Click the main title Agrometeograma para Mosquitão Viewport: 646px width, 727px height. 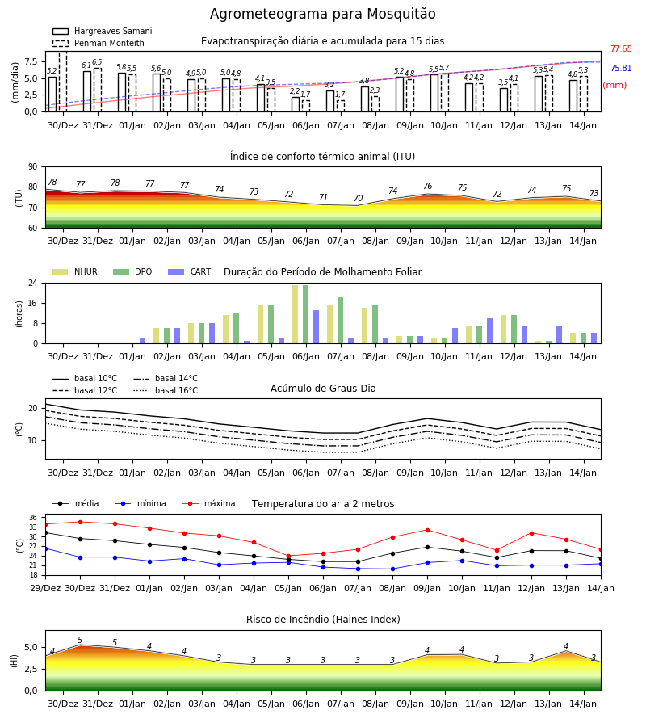322,14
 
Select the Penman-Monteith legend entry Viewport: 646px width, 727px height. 99,43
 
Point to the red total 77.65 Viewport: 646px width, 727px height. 621,48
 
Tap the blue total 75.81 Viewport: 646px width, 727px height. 621,68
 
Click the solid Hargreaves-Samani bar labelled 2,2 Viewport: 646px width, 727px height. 296,104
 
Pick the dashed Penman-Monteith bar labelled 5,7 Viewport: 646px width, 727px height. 445,92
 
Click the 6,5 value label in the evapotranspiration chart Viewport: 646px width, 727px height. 97,62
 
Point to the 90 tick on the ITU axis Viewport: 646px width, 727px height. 33,167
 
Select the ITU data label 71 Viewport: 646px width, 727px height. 324,198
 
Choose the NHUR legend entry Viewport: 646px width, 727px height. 75,271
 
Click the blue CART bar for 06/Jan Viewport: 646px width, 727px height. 316,327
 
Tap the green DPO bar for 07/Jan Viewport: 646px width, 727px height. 341,321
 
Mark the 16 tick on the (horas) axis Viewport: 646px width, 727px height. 33,303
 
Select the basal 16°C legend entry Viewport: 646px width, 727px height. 166,390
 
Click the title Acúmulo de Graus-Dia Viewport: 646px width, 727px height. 323,389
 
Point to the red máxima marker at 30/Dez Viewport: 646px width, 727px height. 80,522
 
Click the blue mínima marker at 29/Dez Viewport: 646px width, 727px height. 46,548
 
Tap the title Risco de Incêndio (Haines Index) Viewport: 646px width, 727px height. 323,620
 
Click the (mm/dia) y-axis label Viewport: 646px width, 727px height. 15,82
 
